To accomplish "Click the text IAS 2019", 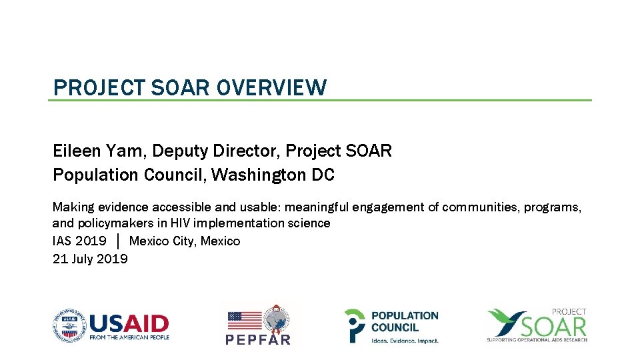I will coord(79,241).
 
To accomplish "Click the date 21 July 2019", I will coord(90,259).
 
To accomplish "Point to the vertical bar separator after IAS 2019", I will coord(118,241).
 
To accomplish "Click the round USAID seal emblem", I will coord(69,325).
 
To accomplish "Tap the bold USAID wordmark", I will coord(129,323).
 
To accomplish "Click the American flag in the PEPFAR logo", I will coord(245,321).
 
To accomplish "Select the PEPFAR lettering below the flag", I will coord(259,339).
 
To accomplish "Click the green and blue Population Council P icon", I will coord(355,325).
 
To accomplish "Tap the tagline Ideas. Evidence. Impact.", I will coord(405,341).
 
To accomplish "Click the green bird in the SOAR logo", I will coord(507,322).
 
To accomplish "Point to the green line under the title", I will coord(320,101).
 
